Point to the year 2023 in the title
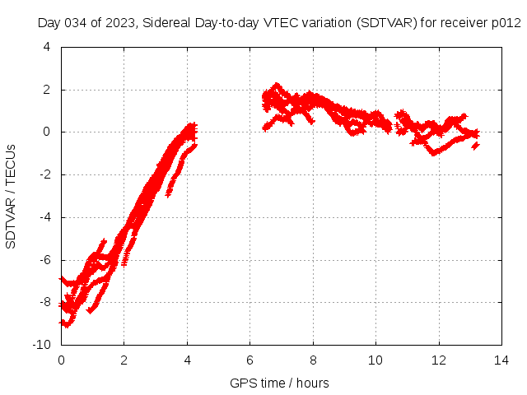[122, 23]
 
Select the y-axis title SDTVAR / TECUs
[11, 197]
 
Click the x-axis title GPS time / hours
[280, 383]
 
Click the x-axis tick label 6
[250, 360]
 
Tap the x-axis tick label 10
[376, 360]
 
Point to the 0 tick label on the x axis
[61, 360]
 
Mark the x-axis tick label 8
[313, 360]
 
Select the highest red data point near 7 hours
[277, 85]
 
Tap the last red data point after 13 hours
[476, 145]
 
